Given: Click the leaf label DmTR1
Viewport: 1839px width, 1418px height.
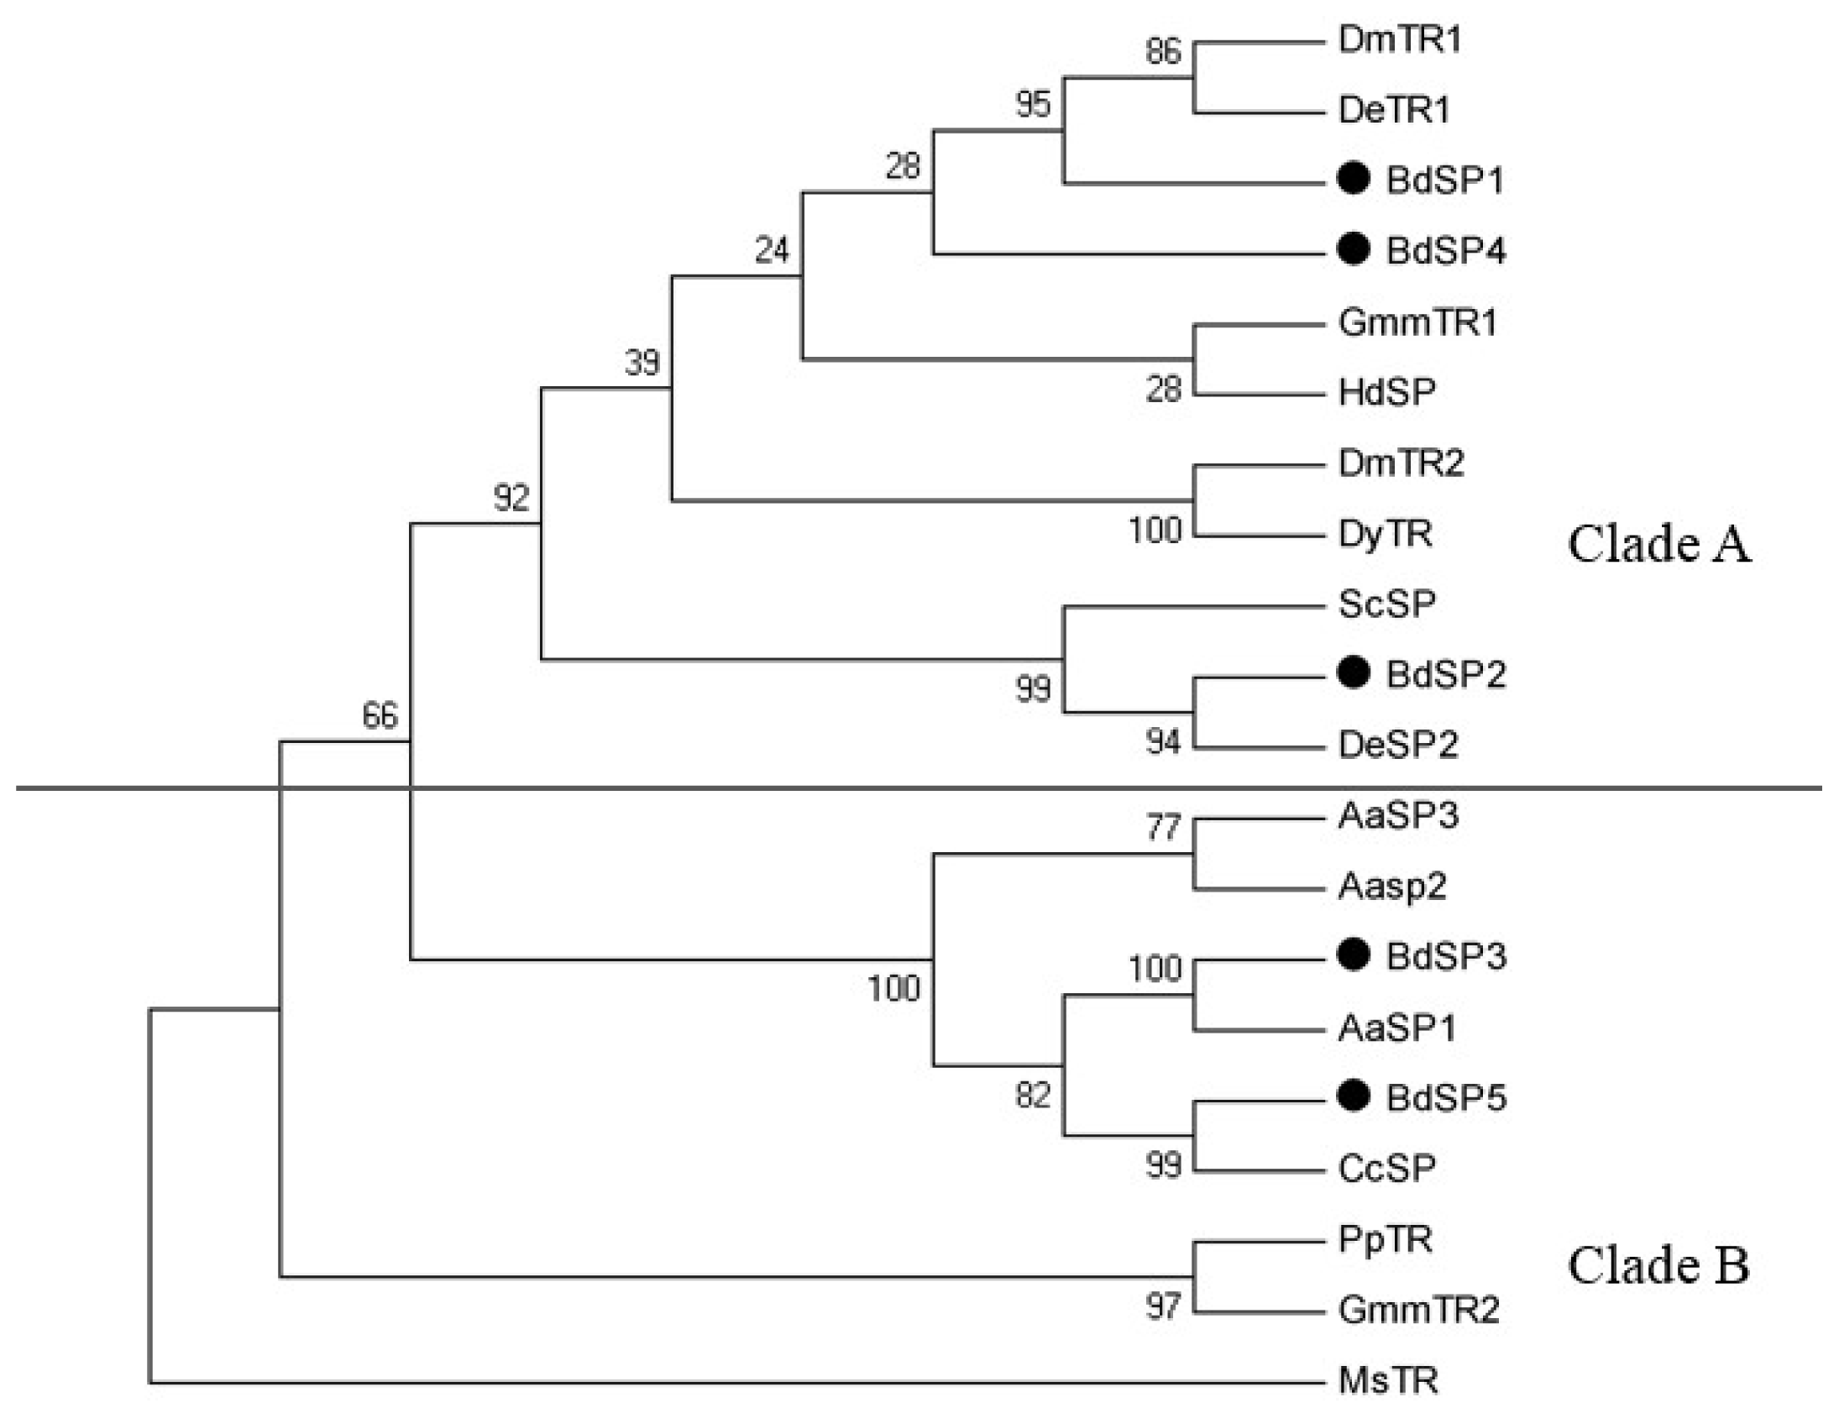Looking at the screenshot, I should pyautogui.click(x=1399, y=40).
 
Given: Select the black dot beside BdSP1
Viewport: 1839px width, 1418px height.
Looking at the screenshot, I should pyautogui.click(x=1353, y=179).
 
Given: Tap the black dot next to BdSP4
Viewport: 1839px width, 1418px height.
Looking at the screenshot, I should pyautogui.click(x=1353, y=249).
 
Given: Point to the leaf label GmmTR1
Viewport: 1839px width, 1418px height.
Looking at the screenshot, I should pyautogui.click(x=1417, y=322).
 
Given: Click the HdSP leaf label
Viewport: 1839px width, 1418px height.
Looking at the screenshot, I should pyautogui.click(x=1387, y=392).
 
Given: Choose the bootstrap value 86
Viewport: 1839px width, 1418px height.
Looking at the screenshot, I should pyautogui.click(x=1163, y=52).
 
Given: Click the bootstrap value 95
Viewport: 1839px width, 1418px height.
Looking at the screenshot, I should pyautogui.click(x=1032, y=104).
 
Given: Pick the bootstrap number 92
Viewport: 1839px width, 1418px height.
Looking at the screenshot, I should pyautogui.click(x=511, y=498).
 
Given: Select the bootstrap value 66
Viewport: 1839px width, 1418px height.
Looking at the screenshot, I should pyautogui.click(x=380, y=716).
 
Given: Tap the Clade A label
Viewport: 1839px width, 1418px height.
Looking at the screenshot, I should pyautogui.click(x=1658, y=544).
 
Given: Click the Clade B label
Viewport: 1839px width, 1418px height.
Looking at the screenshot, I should pyautogui.click(x=1658, y=1265).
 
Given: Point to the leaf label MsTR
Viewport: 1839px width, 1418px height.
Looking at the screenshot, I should pyautogui.click(x=1388, y=1381).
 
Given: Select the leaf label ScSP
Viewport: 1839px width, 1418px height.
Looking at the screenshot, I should pyautogui.click(x=1387, y=604).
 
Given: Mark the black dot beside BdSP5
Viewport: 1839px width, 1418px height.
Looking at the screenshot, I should pyautogui.click(x=1353, y=1096).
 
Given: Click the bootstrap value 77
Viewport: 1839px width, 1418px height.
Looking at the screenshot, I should pyautogui.click(x=1163, y=828).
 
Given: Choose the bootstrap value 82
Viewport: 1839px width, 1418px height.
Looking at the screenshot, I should pyautogui.click(x=1032, y=1096).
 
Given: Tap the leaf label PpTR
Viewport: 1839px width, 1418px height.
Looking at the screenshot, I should pyautogui.click(x=1386, y=1239).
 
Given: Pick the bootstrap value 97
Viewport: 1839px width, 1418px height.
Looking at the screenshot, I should pyautogui.click(x=1163, y=1306).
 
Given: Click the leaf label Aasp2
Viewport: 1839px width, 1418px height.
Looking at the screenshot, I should pyautogui.click(x=1392, y=886).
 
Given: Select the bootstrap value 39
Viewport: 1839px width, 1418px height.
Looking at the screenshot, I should pyautogui.click(x=642, y=363).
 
